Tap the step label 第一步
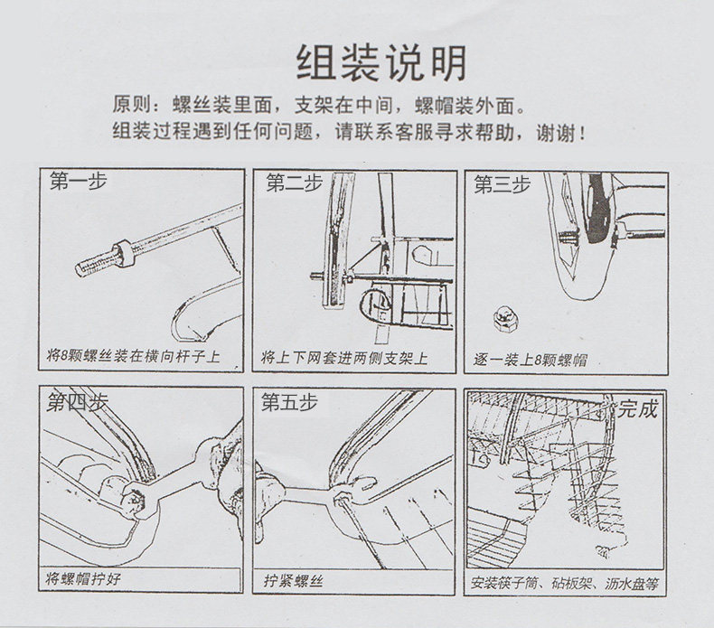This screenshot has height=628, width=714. coord(79,183)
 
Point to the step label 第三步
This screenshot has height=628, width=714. coord(503,185)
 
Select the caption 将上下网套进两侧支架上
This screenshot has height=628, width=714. coord(344,358)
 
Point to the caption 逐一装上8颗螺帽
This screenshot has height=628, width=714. coord(531,360)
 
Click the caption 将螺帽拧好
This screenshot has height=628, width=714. coord(84,577)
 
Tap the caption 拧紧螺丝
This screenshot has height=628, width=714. coord(294,578)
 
